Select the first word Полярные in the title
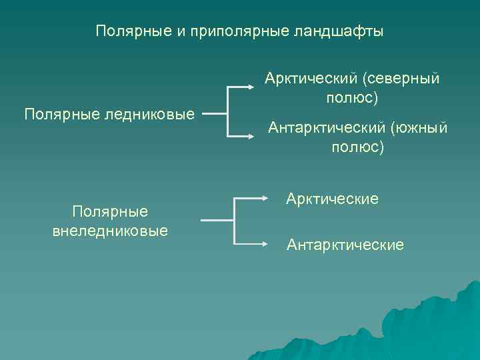tap(133, 31)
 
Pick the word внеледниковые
tap(109, 231)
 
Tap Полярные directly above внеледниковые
tap(109, 212)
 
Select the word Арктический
tap(311, 79)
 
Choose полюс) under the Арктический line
tap(352, 98)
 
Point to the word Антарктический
tap(327, 127)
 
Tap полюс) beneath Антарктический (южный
tap(357, 146)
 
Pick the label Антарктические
tap(345, 245)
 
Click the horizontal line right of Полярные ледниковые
tap(215, 113)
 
